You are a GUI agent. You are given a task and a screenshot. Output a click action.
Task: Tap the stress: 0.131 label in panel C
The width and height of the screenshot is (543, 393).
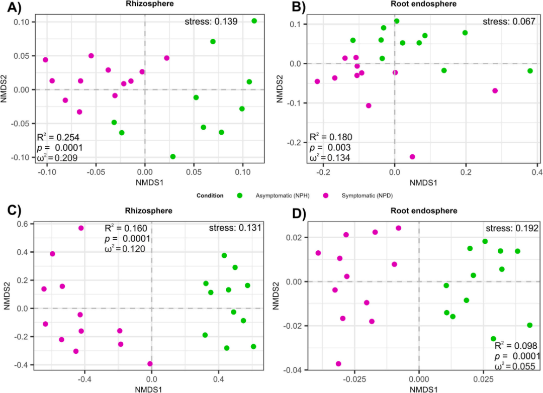coord(235,228)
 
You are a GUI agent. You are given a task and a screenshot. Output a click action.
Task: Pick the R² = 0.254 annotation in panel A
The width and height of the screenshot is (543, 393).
coord(58,137)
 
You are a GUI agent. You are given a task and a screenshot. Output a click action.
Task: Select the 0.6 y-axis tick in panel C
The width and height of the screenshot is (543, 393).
coord(23,224)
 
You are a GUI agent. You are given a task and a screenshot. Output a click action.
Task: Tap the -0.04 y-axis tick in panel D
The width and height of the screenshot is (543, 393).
coord(293,370)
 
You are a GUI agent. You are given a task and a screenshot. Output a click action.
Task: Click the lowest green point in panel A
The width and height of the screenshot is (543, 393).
coord(173,157)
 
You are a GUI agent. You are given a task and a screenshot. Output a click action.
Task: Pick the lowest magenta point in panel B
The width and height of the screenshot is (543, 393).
coord(412,157)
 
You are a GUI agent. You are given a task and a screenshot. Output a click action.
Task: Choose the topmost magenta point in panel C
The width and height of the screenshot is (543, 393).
coord(81,228)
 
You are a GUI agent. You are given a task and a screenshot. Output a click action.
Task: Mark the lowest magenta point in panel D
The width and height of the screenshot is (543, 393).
coord(338,364)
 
